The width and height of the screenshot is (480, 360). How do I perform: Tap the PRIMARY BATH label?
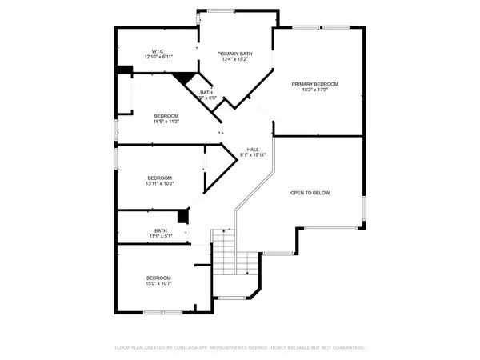click(x=234, y=54)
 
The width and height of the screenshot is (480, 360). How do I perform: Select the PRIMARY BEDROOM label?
click(x=315, y=84)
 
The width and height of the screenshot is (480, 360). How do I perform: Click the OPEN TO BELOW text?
click(x=310, y=193)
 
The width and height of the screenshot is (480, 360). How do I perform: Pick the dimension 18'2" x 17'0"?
click(x=315, y=91)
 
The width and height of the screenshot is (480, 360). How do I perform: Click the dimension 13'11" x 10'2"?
click(x=160, y=184)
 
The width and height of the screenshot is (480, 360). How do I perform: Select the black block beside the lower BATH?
click(x=182, y=215)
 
